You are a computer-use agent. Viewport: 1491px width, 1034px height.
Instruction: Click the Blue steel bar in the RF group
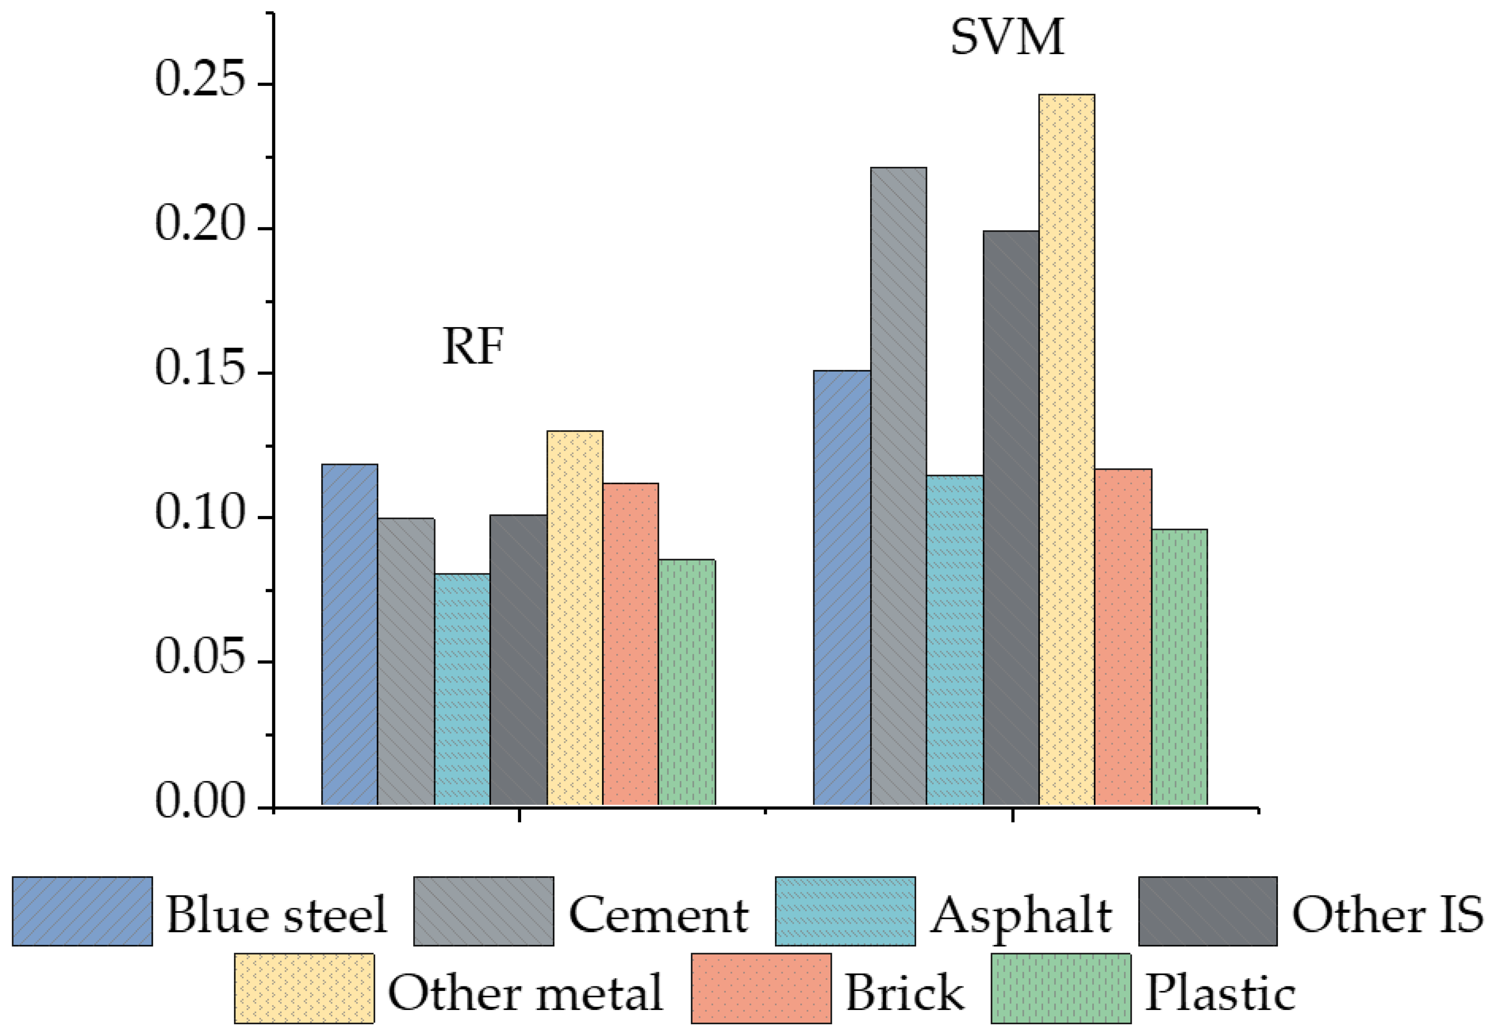click(350, 634)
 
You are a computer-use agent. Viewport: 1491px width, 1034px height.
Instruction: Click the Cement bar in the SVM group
click(898, 486)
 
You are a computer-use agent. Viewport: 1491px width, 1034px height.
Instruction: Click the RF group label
click(473, 347)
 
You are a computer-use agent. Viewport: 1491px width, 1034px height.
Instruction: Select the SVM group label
click(1007, 37)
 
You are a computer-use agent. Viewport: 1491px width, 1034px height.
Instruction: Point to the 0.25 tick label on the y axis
click(201, 79)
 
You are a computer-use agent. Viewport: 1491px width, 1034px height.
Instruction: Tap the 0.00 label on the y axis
click(201, 801)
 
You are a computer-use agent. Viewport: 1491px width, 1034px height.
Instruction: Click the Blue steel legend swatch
click(82, 911)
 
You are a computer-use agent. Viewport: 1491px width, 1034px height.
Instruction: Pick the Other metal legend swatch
click(304, 988)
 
